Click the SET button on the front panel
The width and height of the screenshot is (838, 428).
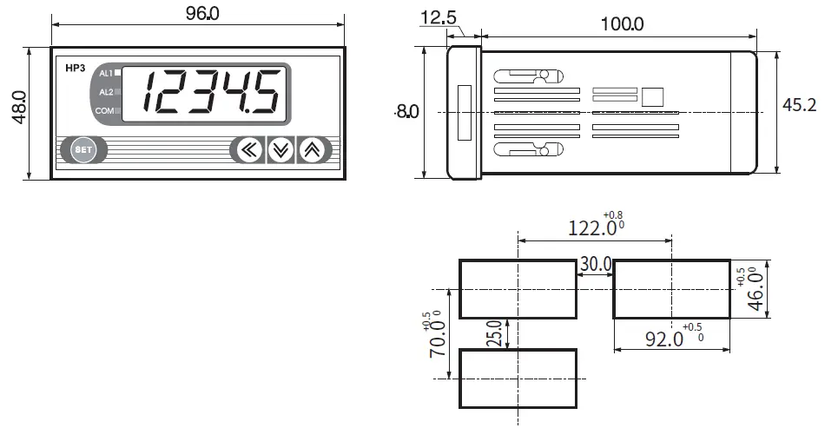83,149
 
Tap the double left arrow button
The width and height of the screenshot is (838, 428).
248,150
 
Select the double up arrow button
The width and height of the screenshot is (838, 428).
311,150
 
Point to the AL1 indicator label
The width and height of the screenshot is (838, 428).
105,73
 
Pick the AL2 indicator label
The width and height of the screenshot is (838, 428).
105,92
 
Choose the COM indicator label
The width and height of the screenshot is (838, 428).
104,111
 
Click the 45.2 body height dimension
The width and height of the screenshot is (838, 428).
800,105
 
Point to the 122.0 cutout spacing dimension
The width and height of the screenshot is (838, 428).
591,227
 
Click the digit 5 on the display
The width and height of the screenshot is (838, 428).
265,91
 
